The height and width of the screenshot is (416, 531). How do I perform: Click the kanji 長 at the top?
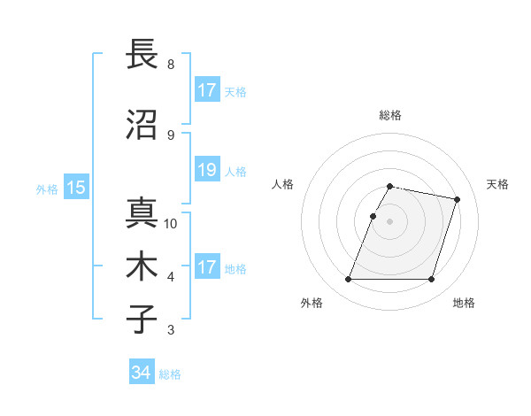142,54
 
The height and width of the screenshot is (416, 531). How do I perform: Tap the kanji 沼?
142,125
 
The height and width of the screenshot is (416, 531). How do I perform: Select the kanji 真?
142,212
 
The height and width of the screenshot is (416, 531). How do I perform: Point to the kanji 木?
142,266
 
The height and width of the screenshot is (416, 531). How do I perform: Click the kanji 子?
142,319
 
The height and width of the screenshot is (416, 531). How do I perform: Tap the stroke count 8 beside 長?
171,65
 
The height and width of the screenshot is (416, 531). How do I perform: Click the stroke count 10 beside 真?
171,224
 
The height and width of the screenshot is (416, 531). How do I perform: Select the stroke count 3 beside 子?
171,330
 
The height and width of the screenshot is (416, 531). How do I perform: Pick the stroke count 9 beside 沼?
171,135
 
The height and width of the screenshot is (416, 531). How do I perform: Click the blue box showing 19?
206,170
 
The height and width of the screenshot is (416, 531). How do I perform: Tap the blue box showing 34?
142,373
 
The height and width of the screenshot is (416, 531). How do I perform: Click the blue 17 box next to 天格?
206,90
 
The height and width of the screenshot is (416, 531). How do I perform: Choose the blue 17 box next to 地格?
206,267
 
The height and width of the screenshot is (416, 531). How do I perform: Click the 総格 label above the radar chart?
390,115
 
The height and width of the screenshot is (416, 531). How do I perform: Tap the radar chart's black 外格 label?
312,303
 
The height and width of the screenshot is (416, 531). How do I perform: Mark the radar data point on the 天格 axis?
458,199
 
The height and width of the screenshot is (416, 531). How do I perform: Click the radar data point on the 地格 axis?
431,280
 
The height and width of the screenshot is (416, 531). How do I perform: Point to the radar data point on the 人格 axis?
373,216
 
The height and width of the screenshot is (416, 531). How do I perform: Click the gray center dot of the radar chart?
390,221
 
